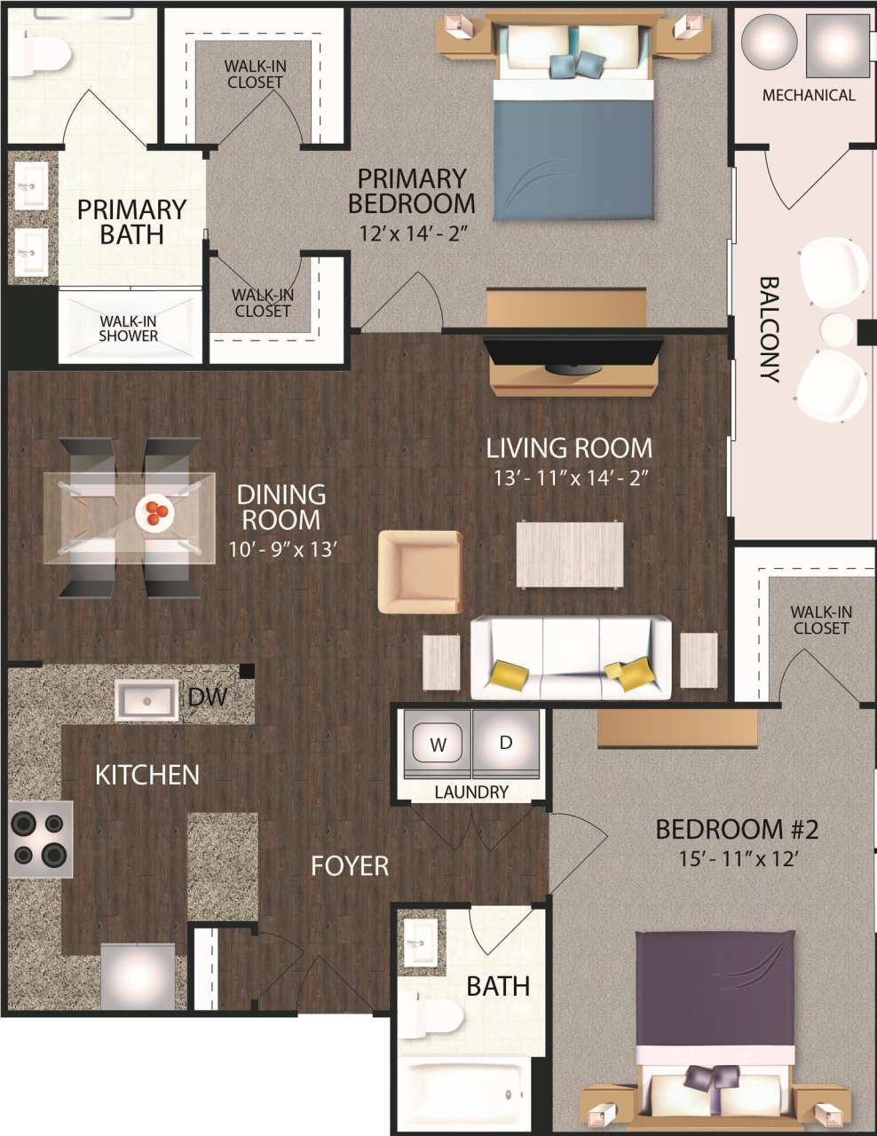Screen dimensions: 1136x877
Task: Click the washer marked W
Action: [438, 744]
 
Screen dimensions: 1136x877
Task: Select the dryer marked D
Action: [506, 743]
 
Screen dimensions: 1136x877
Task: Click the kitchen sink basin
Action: [146, 700]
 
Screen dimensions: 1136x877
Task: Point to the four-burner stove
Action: [40, 839]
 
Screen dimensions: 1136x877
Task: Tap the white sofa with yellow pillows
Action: [570, 657]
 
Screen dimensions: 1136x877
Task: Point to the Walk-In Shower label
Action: [129, 328]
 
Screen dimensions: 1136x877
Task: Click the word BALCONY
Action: [769, 329]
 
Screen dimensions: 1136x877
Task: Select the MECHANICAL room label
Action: [809, 95]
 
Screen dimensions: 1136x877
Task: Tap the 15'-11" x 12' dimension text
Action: [735, 858]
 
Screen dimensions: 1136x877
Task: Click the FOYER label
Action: [350, 865]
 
